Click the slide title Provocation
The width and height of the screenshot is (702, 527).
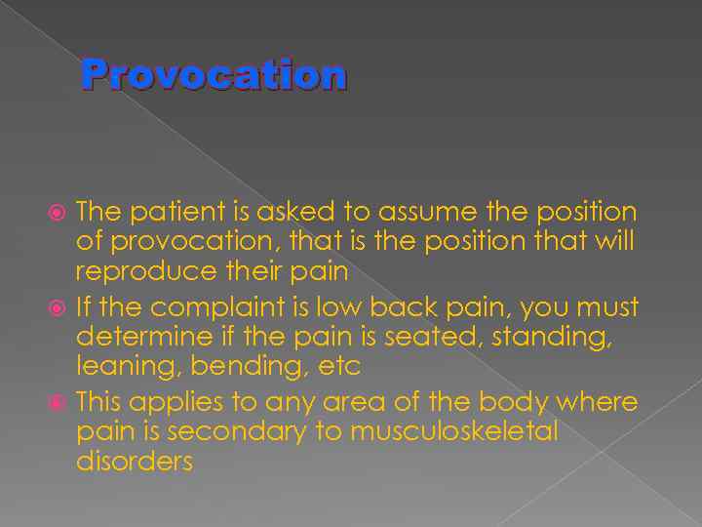coord(214,74)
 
